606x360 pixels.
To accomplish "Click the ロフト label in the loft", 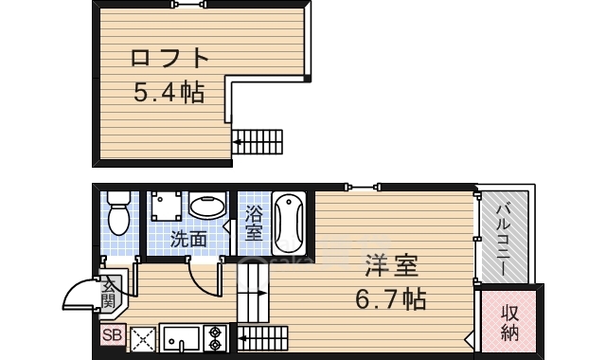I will [x=169, y=59].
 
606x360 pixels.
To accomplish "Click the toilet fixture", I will [x=118, y=213].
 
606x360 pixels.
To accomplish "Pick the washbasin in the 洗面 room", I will [x=206, y=207].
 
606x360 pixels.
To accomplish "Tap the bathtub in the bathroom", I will [x=288, y=224].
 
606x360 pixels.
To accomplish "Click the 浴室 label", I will [x=254, y=224].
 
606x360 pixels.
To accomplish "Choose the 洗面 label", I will [x=187, y=240].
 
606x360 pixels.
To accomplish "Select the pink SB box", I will [x=112, y=334].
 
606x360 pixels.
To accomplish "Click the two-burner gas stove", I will [x=214, y=339].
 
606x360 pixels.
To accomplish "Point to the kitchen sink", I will [x=180, y=338].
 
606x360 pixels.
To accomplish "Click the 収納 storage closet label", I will [x=509, y=322].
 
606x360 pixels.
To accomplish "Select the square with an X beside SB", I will [x=142, y=338].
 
